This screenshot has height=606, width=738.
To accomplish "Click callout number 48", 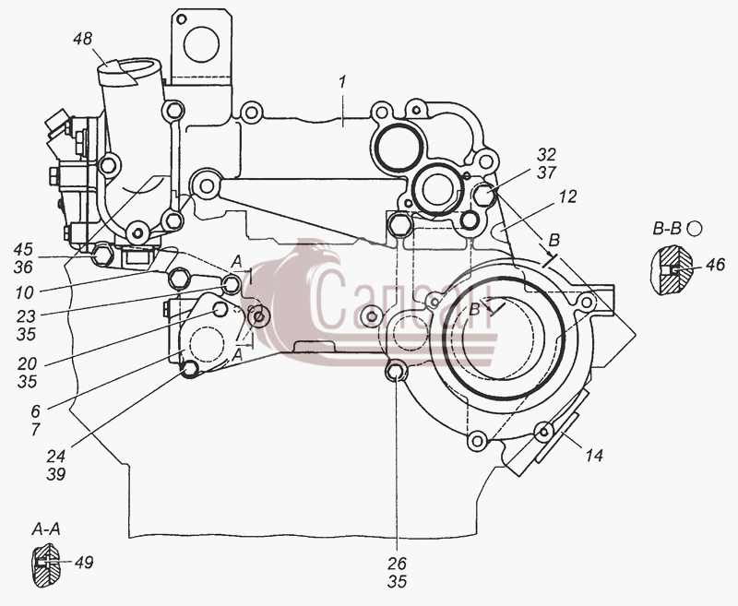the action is [x=83, y=39].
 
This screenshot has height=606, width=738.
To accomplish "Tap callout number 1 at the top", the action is [x=343, y=82].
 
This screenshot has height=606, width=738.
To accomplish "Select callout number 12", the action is [x=568, y=196].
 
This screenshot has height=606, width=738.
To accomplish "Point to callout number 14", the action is [x=594, y=455].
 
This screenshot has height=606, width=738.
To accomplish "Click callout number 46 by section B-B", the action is [x=716, y=265].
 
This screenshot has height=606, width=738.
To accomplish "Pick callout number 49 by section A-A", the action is [x=84, y=563].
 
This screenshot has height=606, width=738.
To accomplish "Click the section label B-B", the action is [x=667, y=229].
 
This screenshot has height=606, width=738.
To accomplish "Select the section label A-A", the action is [x=45, y=529].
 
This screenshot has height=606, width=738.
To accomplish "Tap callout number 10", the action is [x=25, y=293].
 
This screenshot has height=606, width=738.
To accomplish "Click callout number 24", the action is [x=56, y=456].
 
